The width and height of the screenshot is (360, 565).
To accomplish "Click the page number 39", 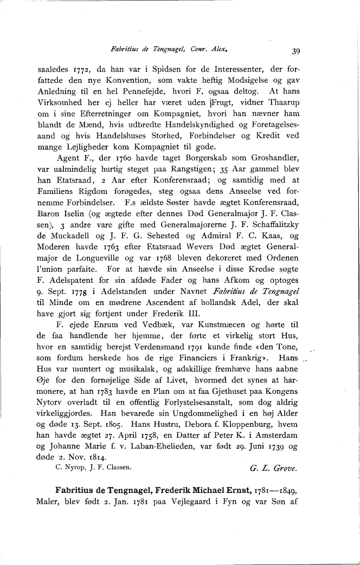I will [296, 51].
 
